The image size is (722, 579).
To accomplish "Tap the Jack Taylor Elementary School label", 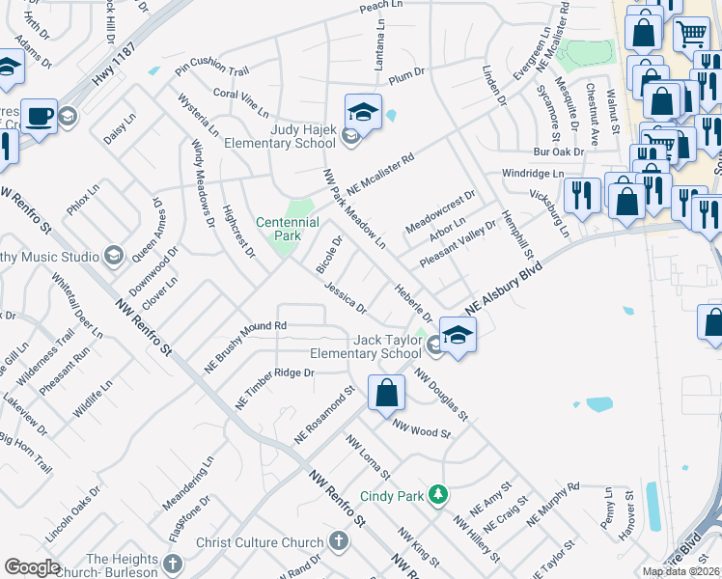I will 375,346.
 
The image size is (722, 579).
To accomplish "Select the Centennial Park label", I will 287,229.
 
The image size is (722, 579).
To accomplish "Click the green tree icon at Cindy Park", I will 438,494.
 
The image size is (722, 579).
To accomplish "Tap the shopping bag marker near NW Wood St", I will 386,393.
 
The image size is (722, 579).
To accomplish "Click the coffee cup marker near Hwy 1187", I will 39,117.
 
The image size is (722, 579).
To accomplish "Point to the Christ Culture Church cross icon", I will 339,540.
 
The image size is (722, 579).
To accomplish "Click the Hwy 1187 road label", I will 115,67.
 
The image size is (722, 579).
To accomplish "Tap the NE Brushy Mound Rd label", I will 245,347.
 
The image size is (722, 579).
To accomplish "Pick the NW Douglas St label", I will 441,394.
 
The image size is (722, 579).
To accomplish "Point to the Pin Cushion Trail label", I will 212,69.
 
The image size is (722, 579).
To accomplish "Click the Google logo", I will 32,567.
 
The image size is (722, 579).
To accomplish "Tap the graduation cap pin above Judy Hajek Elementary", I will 363,113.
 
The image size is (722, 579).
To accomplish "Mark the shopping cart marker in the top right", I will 691,35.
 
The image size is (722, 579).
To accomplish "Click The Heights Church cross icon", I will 172,564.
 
